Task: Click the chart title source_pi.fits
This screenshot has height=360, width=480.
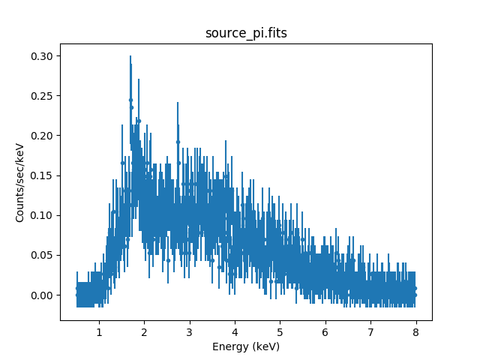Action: pyautogui.click(x=245, y=34)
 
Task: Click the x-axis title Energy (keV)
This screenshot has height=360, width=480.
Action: pyautogui.click(x=245, y=346)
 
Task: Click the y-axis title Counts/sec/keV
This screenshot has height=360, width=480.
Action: pyautogui.click(x=20, y=182)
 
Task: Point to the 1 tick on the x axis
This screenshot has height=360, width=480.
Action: pyautogui.click(x=99, y=331)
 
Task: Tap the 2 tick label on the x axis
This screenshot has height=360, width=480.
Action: pyautogui.click(x=144, y=331)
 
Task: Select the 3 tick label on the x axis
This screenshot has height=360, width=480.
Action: pyautogui.click(x=190, y=331)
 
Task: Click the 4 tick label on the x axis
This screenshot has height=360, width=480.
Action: pyautogui.click(x=235, y=331)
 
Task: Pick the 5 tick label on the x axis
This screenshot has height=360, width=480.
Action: pyautogui.click(x=280, y=331)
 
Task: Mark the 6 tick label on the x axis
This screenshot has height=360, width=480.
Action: pyautogui.click(x=325, y=331)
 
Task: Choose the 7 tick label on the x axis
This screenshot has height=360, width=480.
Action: pyautogui.click(x=370, y=331)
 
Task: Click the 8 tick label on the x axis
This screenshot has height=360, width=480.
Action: pyautogui.click(x=415, y=331)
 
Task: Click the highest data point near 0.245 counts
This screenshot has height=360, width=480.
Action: pyautogui.click(x=130, y=100)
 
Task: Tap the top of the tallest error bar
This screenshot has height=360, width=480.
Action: pyautogui.click(x=130, y=55)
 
